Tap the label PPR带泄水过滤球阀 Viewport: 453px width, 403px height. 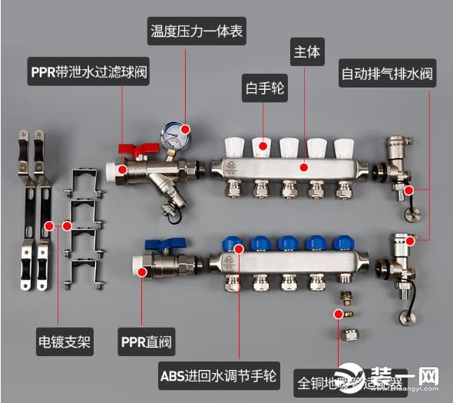88,74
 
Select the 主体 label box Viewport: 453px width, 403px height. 306,54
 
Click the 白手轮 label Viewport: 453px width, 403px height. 263,88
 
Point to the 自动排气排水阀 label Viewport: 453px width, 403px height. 389,75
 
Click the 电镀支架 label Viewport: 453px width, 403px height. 64,341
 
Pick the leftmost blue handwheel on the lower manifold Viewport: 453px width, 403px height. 230,243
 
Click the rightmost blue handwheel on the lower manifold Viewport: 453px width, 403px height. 340,243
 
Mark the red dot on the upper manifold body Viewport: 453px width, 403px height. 305,166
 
